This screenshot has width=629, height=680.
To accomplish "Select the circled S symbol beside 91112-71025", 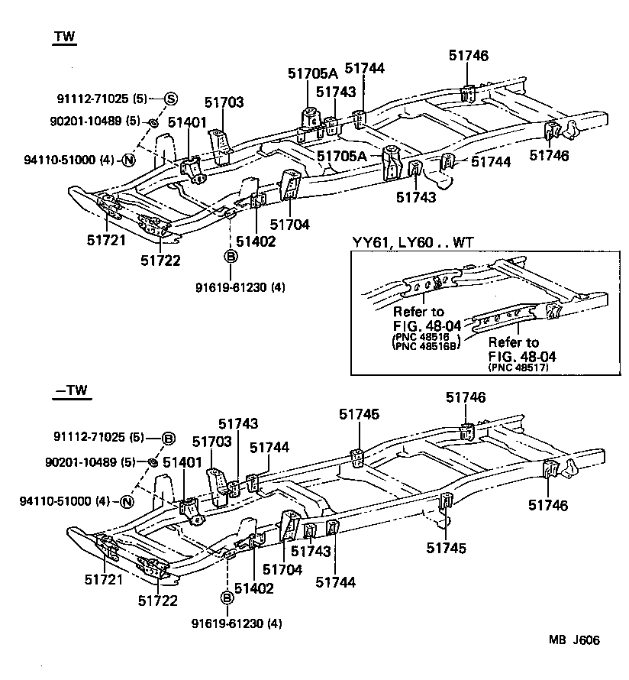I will [x=170, y=99].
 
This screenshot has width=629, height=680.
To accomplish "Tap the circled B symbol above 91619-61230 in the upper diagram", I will [x=230, y=257].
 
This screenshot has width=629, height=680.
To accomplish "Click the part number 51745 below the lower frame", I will [x=447, y=547].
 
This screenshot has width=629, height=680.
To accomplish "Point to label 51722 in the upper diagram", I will [x=160, y=261].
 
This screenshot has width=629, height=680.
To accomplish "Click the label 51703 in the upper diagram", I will [x=224, y=102].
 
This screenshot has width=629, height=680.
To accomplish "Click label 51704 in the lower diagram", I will [x=282, y=569].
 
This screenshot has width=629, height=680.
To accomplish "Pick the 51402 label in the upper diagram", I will [x=256, y=241].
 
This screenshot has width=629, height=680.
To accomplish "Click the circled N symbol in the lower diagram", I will [x=127, y=501].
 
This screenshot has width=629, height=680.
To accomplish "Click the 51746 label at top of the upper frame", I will [x=469, y=56].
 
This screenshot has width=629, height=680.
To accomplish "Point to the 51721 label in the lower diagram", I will [x=104, y=580].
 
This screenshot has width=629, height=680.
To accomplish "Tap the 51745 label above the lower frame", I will [x=359, y=413].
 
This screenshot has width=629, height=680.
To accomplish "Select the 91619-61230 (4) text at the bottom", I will [x=237, y=623].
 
